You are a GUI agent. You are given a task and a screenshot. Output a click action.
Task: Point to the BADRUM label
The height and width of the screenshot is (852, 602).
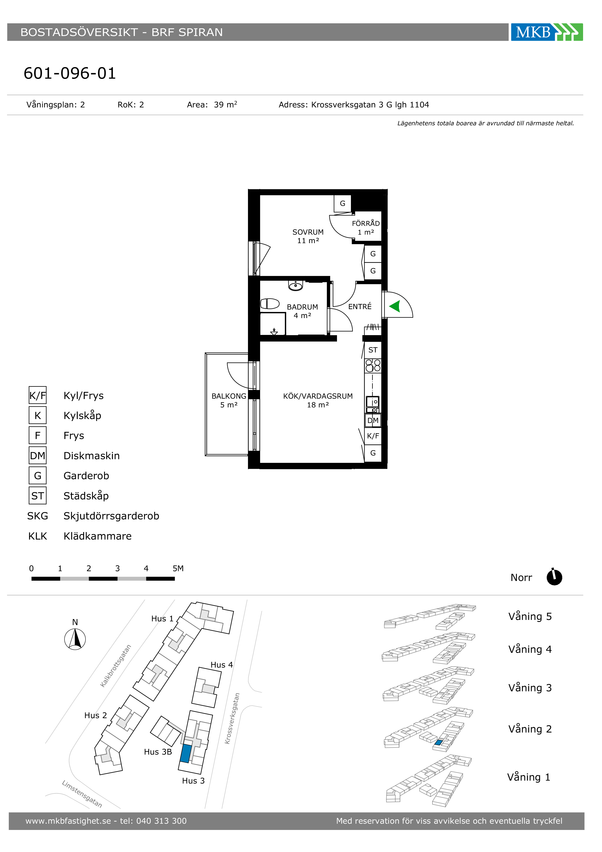(302, 307)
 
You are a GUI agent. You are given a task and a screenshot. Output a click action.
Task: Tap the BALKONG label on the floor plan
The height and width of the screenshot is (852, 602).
(229, 396)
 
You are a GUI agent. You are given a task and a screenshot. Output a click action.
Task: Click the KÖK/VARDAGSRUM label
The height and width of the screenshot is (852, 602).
(318, 396)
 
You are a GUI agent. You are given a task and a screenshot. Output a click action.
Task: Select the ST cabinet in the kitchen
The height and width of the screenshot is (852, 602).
(373, 350)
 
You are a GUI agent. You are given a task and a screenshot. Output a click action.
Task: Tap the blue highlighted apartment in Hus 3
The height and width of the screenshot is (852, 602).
(186, 753)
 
